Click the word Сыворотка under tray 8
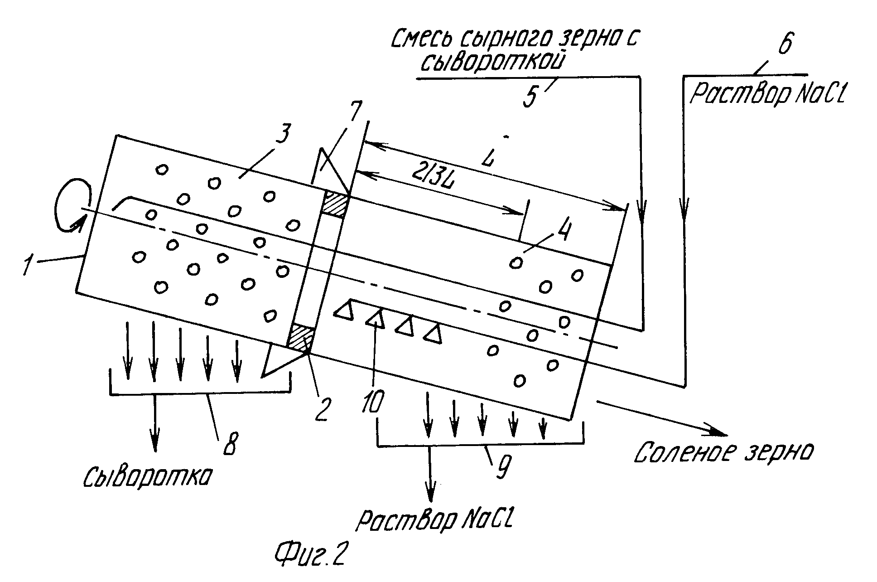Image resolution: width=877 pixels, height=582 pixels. [x=147, y=477]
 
